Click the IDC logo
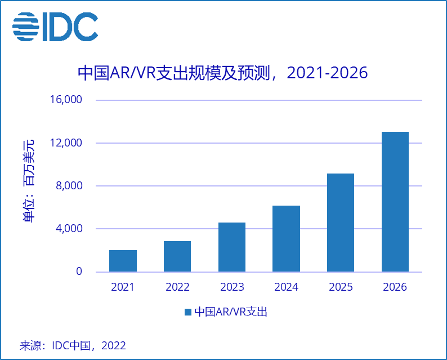[55, 26]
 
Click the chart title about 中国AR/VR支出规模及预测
[222, 74]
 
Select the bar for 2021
[123, 261]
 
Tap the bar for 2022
[177, 256]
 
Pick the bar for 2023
[232, 247]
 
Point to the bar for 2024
[287, 239]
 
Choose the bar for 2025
[341, 223]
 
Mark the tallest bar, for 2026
[395, 202]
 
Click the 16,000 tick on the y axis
[66, 100]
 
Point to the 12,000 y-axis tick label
[66, 143]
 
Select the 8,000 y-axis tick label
[69, 186]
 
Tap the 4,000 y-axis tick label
[69, 229]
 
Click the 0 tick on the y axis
[79, 272]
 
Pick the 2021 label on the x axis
[123, 287]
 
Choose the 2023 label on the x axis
[232, 287]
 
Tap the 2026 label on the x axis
[395, 287]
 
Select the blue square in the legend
[188, 312]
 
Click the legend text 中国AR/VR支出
[231, 312]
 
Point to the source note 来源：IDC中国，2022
[73, 345]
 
